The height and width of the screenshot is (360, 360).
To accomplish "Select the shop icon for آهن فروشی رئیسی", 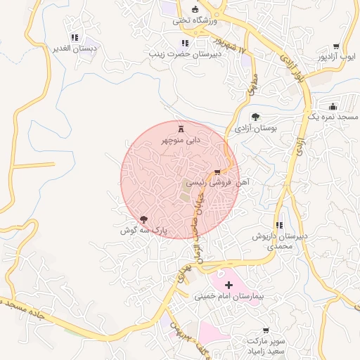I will click(x=217, y=172).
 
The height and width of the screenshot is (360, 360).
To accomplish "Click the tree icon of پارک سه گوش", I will click(x=144, y=220).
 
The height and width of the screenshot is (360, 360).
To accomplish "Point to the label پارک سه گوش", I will click(x=141, y=231).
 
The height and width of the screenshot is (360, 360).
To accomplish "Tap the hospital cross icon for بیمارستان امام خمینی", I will click(x=229, y=285).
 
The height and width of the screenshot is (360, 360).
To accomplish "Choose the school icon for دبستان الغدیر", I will click(x=75, y=37).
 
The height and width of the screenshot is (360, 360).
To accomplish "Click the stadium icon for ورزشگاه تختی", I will click(x=195, y=10).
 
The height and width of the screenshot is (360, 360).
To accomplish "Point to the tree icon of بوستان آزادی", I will click(x=256, y=117).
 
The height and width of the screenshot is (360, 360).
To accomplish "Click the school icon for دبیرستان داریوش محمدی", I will click(x=280, y=226).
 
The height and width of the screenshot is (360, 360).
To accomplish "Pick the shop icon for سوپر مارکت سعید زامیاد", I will click(x=266, y=330).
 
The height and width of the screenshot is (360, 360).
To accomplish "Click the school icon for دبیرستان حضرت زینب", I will click(x=185, y=43).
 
